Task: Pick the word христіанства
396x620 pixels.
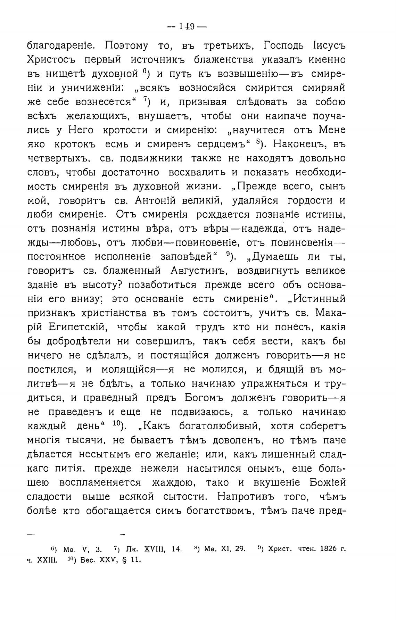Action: click(x=115, y=313)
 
